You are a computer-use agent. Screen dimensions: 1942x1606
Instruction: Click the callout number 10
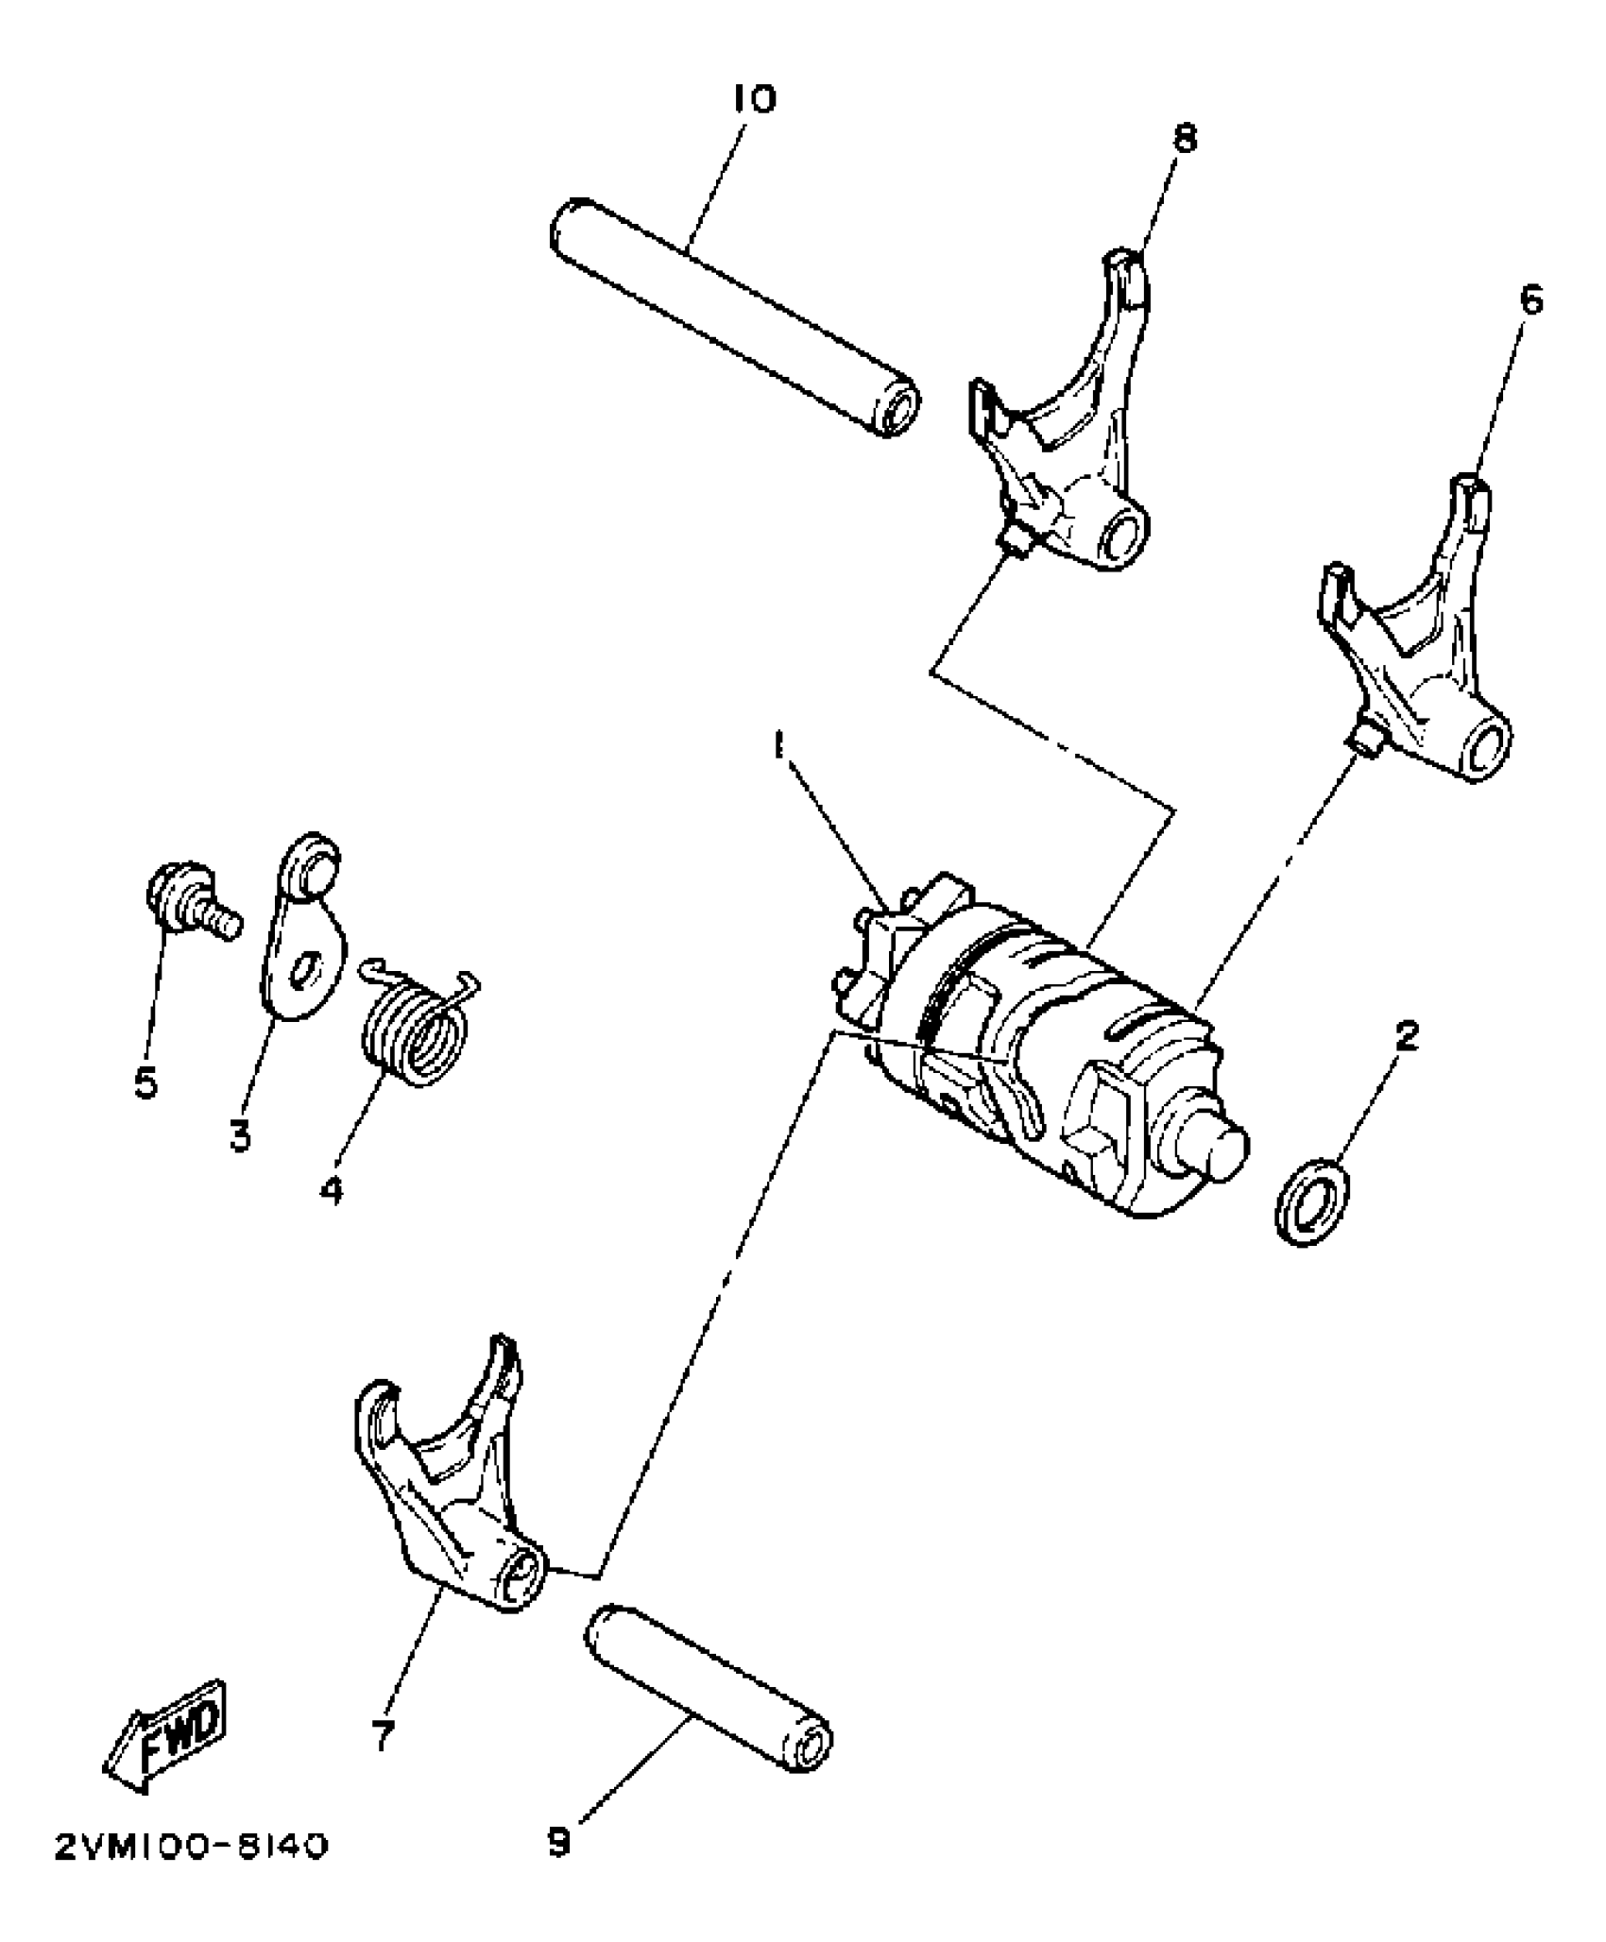(754, 99)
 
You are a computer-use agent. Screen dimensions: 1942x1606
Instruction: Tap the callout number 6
(1530, 301)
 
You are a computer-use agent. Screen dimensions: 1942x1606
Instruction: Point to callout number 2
(1406, 1036)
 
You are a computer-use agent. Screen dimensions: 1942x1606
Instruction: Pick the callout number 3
(240, 1135)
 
